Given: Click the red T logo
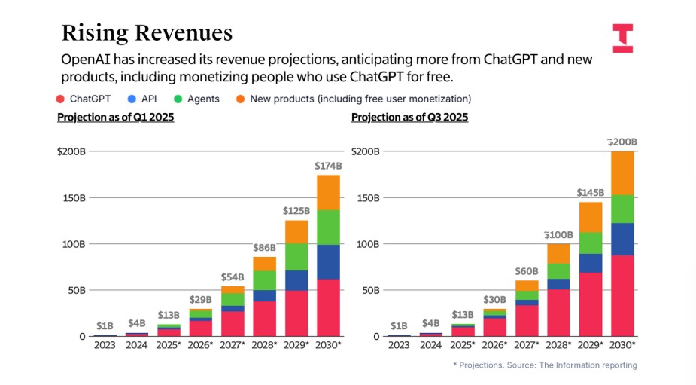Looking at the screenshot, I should (x=622, y=37).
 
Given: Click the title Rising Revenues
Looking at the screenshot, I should (x=147, y=33).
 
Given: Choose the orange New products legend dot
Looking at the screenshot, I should (x=239, y=99).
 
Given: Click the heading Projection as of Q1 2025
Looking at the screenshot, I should (x=116, y=118).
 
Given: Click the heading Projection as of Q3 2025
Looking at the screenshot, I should (x=409, y=118).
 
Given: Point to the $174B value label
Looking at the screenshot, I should (x=328, y=166).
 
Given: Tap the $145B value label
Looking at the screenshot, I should (x=591, y=193).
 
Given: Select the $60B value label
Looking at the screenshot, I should (x=527, y=271).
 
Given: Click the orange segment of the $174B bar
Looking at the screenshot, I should (x=328, y=192).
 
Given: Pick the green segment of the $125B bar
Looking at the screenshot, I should (x=296, y=257).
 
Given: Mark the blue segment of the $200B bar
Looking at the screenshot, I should (x=622, y=239).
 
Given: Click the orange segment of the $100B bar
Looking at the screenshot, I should (x=558, y=253).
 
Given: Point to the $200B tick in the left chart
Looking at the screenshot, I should (x=71, y=151).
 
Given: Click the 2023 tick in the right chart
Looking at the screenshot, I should (x=399, y=345).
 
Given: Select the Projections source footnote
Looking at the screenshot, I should (x=545, y=365).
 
